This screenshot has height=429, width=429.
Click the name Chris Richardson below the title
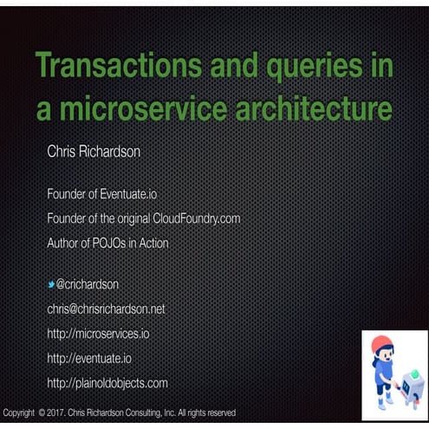94,152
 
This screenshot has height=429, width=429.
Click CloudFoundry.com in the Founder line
196,218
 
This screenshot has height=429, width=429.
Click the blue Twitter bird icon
51,283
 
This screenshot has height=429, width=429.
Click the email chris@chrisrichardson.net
106,309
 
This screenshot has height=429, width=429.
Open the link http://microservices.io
98,333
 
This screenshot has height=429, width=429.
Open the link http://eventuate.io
89,357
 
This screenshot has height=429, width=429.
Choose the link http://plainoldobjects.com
107,382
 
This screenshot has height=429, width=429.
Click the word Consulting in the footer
155,413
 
